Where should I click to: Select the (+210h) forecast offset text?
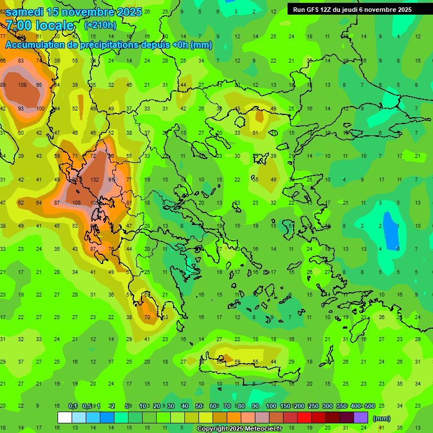pos(100,25)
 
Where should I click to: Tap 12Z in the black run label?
pos(328,10)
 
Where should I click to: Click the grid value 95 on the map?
pos(39,85)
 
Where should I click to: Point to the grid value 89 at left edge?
pos(3,85)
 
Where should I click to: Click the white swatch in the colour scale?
pos(65,417)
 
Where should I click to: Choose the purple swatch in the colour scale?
pos(361,417)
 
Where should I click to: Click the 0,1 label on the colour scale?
pos(73,407)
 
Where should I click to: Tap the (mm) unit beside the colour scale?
pos(382,418)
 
